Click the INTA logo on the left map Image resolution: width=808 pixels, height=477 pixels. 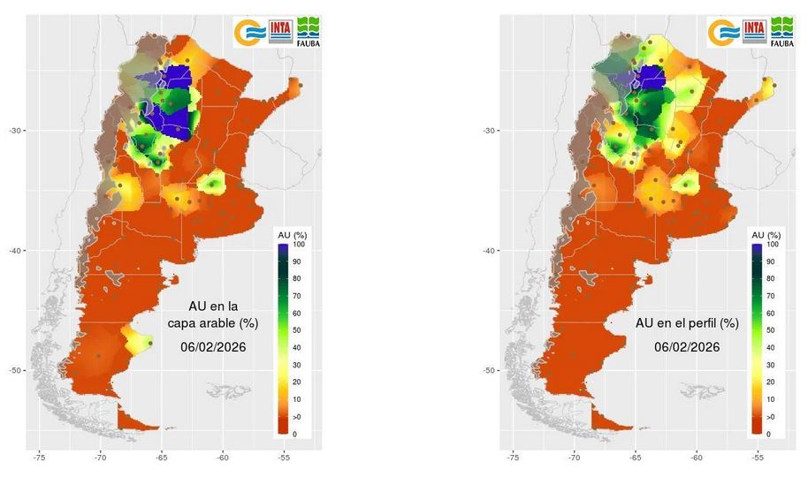pos(281,30)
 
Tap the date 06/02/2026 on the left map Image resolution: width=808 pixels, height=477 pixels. pos(212,347)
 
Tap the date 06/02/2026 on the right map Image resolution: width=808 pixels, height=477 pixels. pos(687,347)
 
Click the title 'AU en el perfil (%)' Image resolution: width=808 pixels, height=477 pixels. pos(687,323)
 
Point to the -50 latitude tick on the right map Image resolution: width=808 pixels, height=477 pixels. pos(487,370)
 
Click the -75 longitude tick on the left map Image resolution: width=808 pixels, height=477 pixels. pos(40,458)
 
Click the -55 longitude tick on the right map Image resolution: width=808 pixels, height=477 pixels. pos(758,458)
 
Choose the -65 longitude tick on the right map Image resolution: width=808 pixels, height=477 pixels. pos(636,458)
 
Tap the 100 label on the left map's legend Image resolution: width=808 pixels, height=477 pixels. pos(300,245)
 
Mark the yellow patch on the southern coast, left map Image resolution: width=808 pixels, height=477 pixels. pos(138,339)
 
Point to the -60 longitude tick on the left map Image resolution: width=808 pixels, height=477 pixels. pos(223,458)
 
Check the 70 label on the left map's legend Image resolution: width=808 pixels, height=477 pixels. pos(299,296)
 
